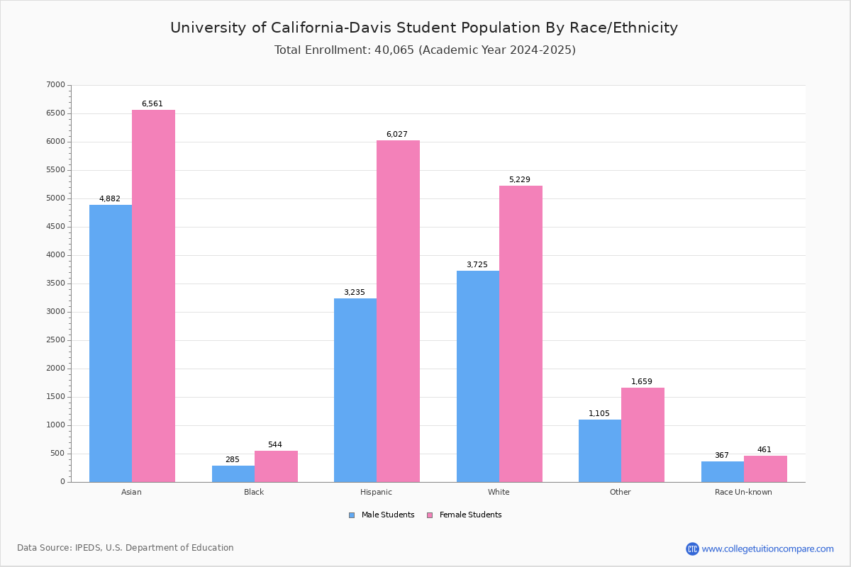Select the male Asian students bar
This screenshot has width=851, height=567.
tap(111, 343)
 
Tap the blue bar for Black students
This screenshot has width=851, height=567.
tap(233, 473)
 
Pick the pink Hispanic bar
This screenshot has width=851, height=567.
tap(398, 311)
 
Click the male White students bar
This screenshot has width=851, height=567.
tap(478, 376)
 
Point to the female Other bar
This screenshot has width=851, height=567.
tap(643, 434)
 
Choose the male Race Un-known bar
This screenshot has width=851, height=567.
tap(723, 471)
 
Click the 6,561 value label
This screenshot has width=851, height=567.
tap(152, 104)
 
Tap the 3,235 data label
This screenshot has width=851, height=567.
tap(355, 293)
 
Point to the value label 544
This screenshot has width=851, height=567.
tap(275, 445)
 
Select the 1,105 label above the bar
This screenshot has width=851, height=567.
tap(599, 414)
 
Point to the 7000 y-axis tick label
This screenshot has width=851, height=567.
tap(55, 85)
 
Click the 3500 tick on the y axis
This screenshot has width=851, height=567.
tap(55, 283)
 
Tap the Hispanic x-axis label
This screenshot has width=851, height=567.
tap(376, 492)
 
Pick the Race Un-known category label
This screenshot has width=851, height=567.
tap(743, 492)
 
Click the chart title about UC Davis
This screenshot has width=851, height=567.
tap(424, 28)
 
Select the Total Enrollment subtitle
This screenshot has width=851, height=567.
tap(425, 50)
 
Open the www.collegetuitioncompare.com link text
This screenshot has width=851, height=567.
tap(767, 549)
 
